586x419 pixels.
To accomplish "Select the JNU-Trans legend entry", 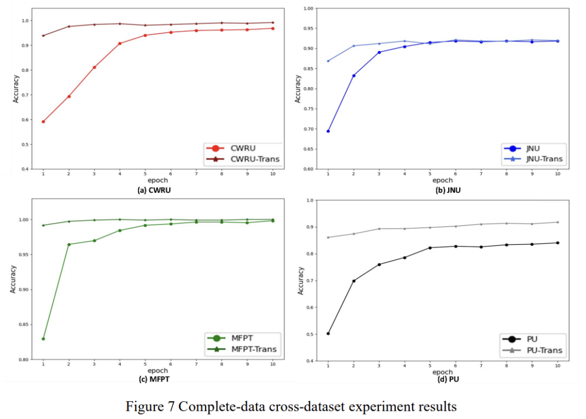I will tap(538, 159).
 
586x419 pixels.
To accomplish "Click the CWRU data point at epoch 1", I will tap(43, 122).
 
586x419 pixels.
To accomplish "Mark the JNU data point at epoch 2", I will tap(354, 75).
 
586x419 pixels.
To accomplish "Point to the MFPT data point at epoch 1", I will tap(43, 339).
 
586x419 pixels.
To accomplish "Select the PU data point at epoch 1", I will tap(328, 333).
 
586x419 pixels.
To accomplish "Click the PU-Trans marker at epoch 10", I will tap(557, 222).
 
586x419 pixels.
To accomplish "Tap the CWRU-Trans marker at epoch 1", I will tap(43, 36).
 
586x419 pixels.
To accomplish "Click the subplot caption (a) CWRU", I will tap(157, 191).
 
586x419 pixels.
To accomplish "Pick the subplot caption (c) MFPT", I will tap(157, 378).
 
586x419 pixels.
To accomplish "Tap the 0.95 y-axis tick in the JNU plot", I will tap(308, 28).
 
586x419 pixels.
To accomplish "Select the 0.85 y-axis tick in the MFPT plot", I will tap(24, 325).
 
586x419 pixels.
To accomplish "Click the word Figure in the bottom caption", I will tap(143, 407).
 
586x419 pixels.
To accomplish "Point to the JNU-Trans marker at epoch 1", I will tap(328, 61).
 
